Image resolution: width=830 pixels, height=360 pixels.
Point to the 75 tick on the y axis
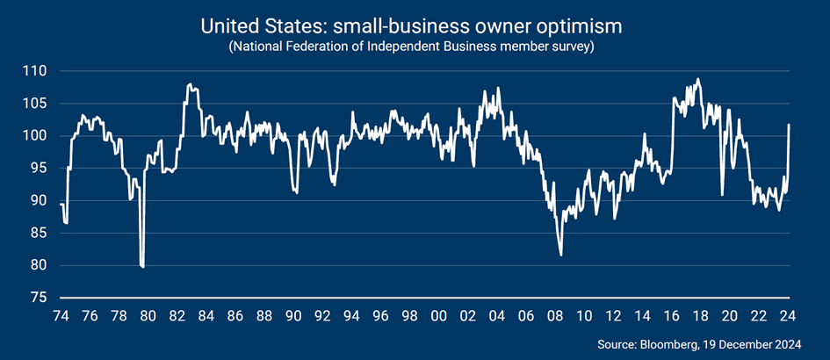(38, 298)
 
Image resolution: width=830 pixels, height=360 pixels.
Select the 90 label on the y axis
(38, 200)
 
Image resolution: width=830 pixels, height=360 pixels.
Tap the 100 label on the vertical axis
(34, 135)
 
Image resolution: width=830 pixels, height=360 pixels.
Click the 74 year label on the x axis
(61, 315)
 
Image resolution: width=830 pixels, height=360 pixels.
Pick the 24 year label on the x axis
(788, 315)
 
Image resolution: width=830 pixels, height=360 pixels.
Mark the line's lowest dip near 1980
(142, 266)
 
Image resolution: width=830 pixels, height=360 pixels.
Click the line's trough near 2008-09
(561, 255)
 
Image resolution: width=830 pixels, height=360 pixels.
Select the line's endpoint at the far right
(789, 125)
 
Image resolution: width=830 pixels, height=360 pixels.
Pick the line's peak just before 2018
(698, 79)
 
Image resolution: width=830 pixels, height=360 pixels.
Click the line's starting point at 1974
(61, 204)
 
